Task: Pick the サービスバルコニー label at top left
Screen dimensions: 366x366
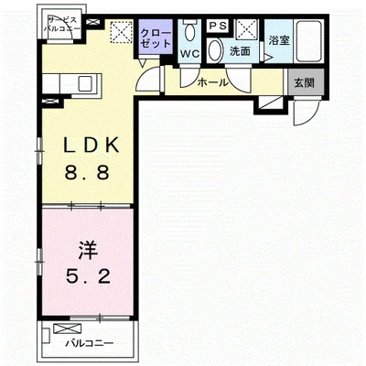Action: [x=61, y=24]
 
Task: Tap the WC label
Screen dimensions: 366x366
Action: [x=189, y=54]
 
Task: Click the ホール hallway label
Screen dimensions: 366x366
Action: [x=212, y=82]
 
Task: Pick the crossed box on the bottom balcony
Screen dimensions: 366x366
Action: [x=68, y=328]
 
